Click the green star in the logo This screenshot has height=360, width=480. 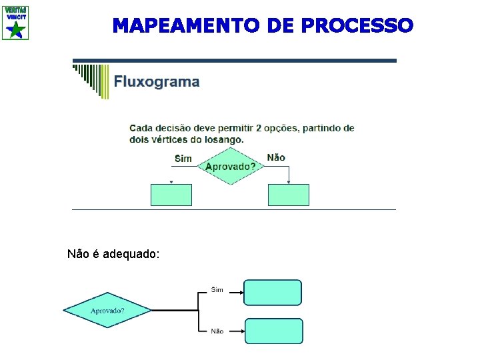coord(17,29)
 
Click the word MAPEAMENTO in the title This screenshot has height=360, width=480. coord(187,25)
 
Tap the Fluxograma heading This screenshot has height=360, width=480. coord(157,82)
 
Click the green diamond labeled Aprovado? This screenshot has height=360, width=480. coord(230,166)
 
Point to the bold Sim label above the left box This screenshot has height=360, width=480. coord(183,159)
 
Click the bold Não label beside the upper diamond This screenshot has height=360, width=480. coord(276,157)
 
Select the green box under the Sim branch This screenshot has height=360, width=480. coord(171,195)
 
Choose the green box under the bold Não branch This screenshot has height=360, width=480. coord(288,195)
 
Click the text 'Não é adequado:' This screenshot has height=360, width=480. coord(113,254)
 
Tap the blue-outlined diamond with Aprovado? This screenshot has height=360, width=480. coord(107,311)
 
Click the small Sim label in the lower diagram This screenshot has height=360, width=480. coord(217,289)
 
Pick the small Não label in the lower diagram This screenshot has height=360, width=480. coord(217,331)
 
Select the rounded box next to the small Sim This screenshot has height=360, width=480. coord(273,292)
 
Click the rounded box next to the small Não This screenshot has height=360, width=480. coord(273,331)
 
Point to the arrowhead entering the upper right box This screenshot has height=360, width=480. coord(289,181)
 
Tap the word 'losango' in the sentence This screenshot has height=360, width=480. coord(222,139)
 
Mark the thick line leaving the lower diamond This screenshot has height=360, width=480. coord(175,311)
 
